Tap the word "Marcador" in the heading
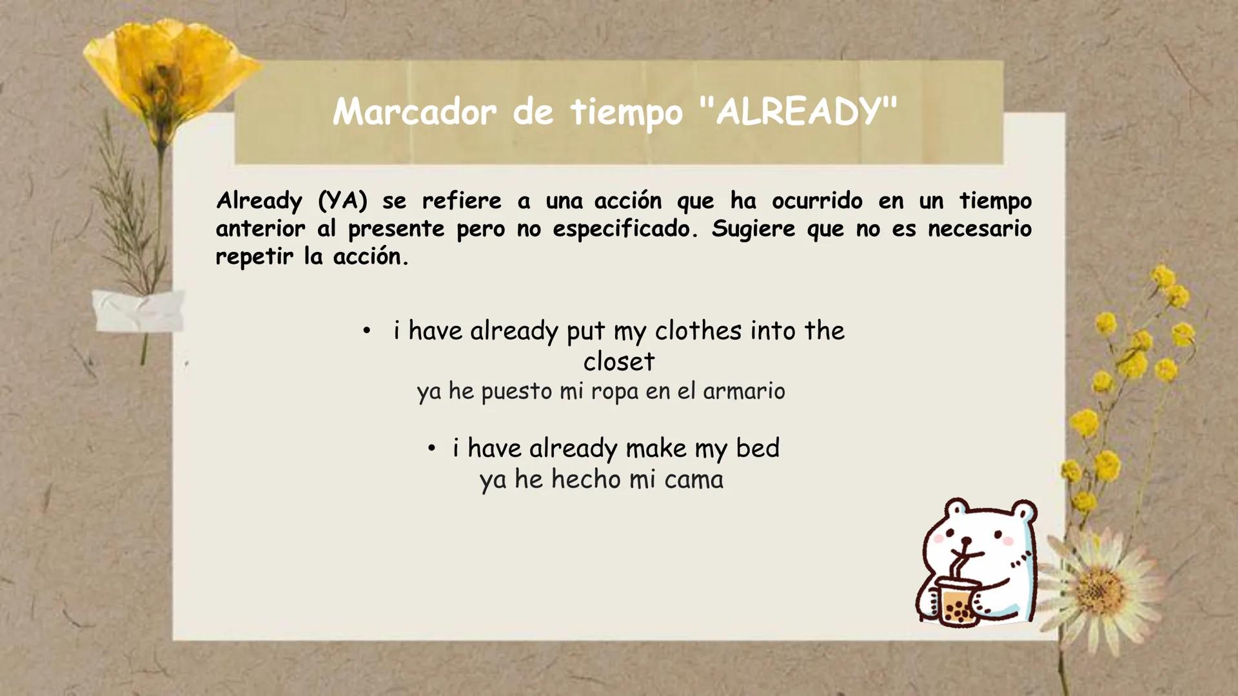(415, 113)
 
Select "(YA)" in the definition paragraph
(342, 201)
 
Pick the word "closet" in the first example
(618, 362)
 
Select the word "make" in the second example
(656, 448)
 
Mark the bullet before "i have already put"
(366, 331)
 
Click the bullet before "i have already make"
(431, 447)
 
